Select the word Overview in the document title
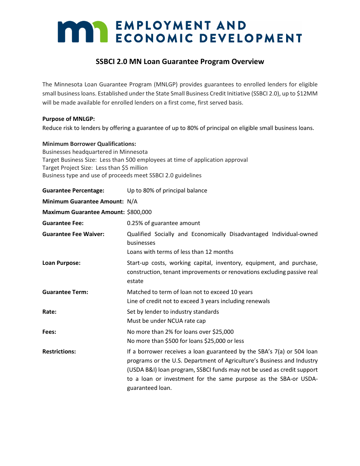(x=248, y=61)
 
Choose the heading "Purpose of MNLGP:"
(x=69, y=119)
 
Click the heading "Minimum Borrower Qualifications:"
(x=89, y=144)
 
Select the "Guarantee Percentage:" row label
(x=73, y=191)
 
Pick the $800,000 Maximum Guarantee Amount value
(x=139, y=212)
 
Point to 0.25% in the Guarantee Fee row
(x=135, y=223)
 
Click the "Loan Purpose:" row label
(x=61, y=263)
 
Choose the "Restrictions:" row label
(x=59, y=352)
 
